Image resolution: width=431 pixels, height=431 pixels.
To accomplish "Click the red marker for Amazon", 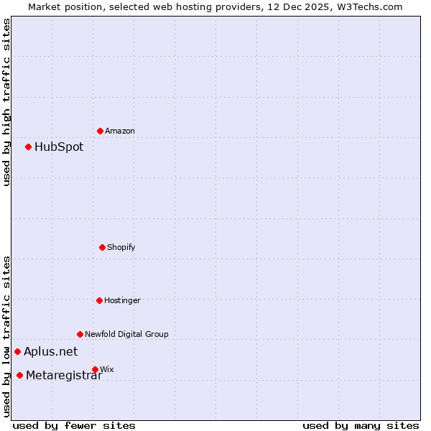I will pos(100,131).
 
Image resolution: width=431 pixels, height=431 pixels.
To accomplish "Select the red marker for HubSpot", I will pos(28,147).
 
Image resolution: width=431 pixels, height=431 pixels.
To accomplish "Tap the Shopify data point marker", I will pos(102,247).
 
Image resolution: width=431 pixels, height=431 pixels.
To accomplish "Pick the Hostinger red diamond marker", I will pos(99,300).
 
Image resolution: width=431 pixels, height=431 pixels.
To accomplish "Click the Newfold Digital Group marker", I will pos(80,334).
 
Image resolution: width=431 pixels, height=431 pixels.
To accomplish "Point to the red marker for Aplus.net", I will pos(17,351).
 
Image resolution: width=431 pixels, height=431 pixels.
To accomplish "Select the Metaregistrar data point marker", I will pos(19,375).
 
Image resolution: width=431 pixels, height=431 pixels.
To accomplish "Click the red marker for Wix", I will pos(95,369).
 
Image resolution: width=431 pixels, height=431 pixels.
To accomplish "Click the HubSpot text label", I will pos(59,147).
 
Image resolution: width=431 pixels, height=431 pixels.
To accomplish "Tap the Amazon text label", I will pos(120,131).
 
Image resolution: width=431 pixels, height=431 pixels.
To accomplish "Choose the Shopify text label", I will pos(121,248).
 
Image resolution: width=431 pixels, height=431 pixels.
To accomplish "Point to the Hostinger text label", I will pos(122,300).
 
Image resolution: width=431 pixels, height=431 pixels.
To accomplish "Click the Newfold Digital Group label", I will pos(126,334).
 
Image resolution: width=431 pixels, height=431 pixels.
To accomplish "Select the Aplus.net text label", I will pos(50,352).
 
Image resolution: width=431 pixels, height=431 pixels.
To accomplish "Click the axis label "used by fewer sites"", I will pos(74,425).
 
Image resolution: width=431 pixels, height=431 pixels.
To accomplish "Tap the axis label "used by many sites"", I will pos(361,425).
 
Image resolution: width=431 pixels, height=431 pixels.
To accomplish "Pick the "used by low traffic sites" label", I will pos(7,335).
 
